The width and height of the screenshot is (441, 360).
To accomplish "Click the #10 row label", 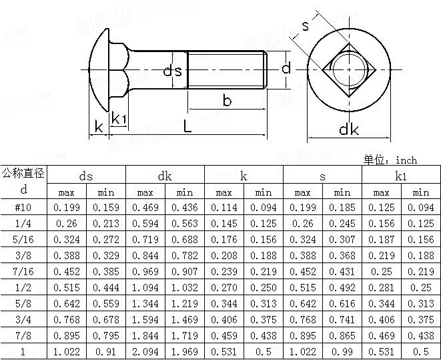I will coord(23,208).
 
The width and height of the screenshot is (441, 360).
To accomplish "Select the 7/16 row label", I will coord(23,272).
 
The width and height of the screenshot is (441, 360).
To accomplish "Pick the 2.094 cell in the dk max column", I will coord(145,352).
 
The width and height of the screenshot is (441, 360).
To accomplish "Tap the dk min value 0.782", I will coord(185,256).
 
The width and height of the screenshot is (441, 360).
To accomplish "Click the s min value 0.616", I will coord(342,304).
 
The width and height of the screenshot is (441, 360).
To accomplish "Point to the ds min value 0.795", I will coord(105,336).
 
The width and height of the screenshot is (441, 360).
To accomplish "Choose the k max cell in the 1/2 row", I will coord(224,288).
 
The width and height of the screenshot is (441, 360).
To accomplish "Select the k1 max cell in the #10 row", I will coord(382,208).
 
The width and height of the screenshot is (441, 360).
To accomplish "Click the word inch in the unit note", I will coord(406,160).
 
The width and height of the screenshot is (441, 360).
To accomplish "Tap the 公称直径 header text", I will coord(23,174).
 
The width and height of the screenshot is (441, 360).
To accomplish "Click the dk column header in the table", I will coord(165,176).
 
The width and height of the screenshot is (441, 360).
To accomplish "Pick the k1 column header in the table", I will coord(401,176).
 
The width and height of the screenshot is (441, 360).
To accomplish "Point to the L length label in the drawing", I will coord(187,126).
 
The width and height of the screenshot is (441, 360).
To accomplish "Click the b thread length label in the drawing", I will coord(227,101).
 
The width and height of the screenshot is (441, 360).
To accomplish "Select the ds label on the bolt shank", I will coord(173,69).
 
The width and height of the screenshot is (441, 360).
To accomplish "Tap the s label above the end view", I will coord(305,26).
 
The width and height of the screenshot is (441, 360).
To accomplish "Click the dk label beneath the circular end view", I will coord(348,129).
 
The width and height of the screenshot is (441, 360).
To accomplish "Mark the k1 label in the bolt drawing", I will coord(119,119).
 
